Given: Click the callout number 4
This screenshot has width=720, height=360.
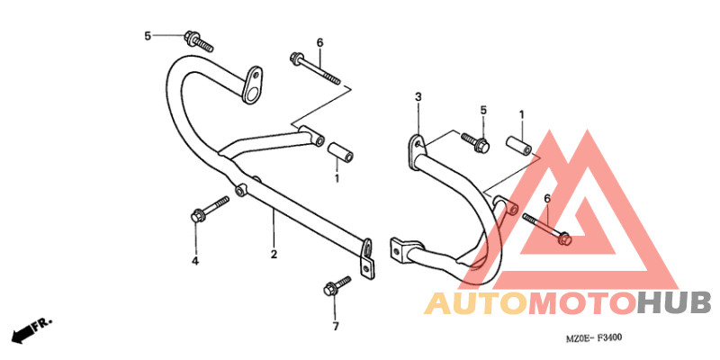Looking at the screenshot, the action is (x=195, y=261).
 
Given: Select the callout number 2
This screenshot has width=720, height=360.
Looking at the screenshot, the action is (x=274, y=254).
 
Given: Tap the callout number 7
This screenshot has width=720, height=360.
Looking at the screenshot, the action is (x=336, y=327).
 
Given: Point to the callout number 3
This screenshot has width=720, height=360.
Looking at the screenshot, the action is (x=418, y=97).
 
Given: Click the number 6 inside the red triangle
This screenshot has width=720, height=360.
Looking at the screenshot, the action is (x=547, y=198).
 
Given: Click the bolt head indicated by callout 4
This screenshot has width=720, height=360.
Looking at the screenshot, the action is (x=196, y=216).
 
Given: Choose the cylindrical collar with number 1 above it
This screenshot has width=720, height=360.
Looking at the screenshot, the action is (x=519, y=144).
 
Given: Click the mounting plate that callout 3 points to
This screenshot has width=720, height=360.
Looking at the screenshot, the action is (x=415, y=151).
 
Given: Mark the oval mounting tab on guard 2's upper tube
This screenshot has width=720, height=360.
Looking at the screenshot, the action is (x=252, y=85).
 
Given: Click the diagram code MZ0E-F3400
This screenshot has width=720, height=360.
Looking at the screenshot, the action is (x=594, y=339).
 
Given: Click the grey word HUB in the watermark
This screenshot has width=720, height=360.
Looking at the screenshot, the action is (x=673, y=303).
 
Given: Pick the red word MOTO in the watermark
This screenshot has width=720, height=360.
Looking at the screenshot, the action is (x=582, y=303).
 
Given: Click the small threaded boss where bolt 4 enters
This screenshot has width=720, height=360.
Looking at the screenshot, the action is (x=240, y=190).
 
